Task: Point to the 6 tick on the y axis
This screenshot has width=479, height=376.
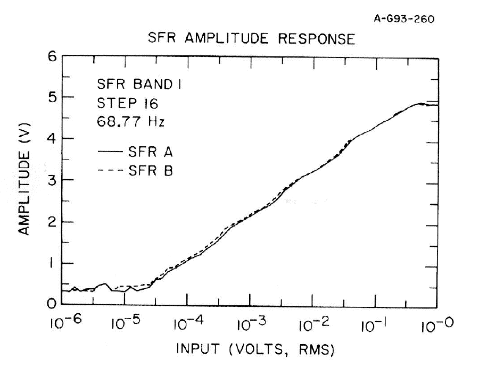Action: (x=51, y=56)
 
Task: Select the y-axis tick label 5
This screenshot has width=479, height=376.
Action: (x=51, y=97)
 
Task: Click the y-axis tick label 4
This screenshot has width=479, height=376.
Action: (x=51, y=139)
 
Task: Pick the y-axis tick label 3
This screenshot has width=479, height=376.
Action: (x=51, y=180)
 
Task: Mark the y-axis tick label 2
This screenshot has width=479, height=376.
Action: (x=51, y=222)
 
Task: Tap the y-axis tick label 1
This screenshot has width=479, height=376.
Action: (x=51, y=263)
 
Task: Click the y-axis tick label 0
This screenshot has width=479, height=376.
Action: (x=51, y=304)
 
